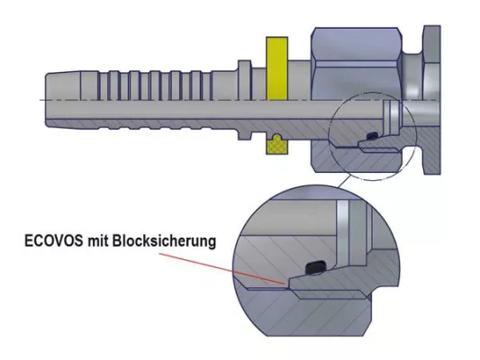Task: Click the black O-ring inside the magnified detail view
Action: pos(314,267)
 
